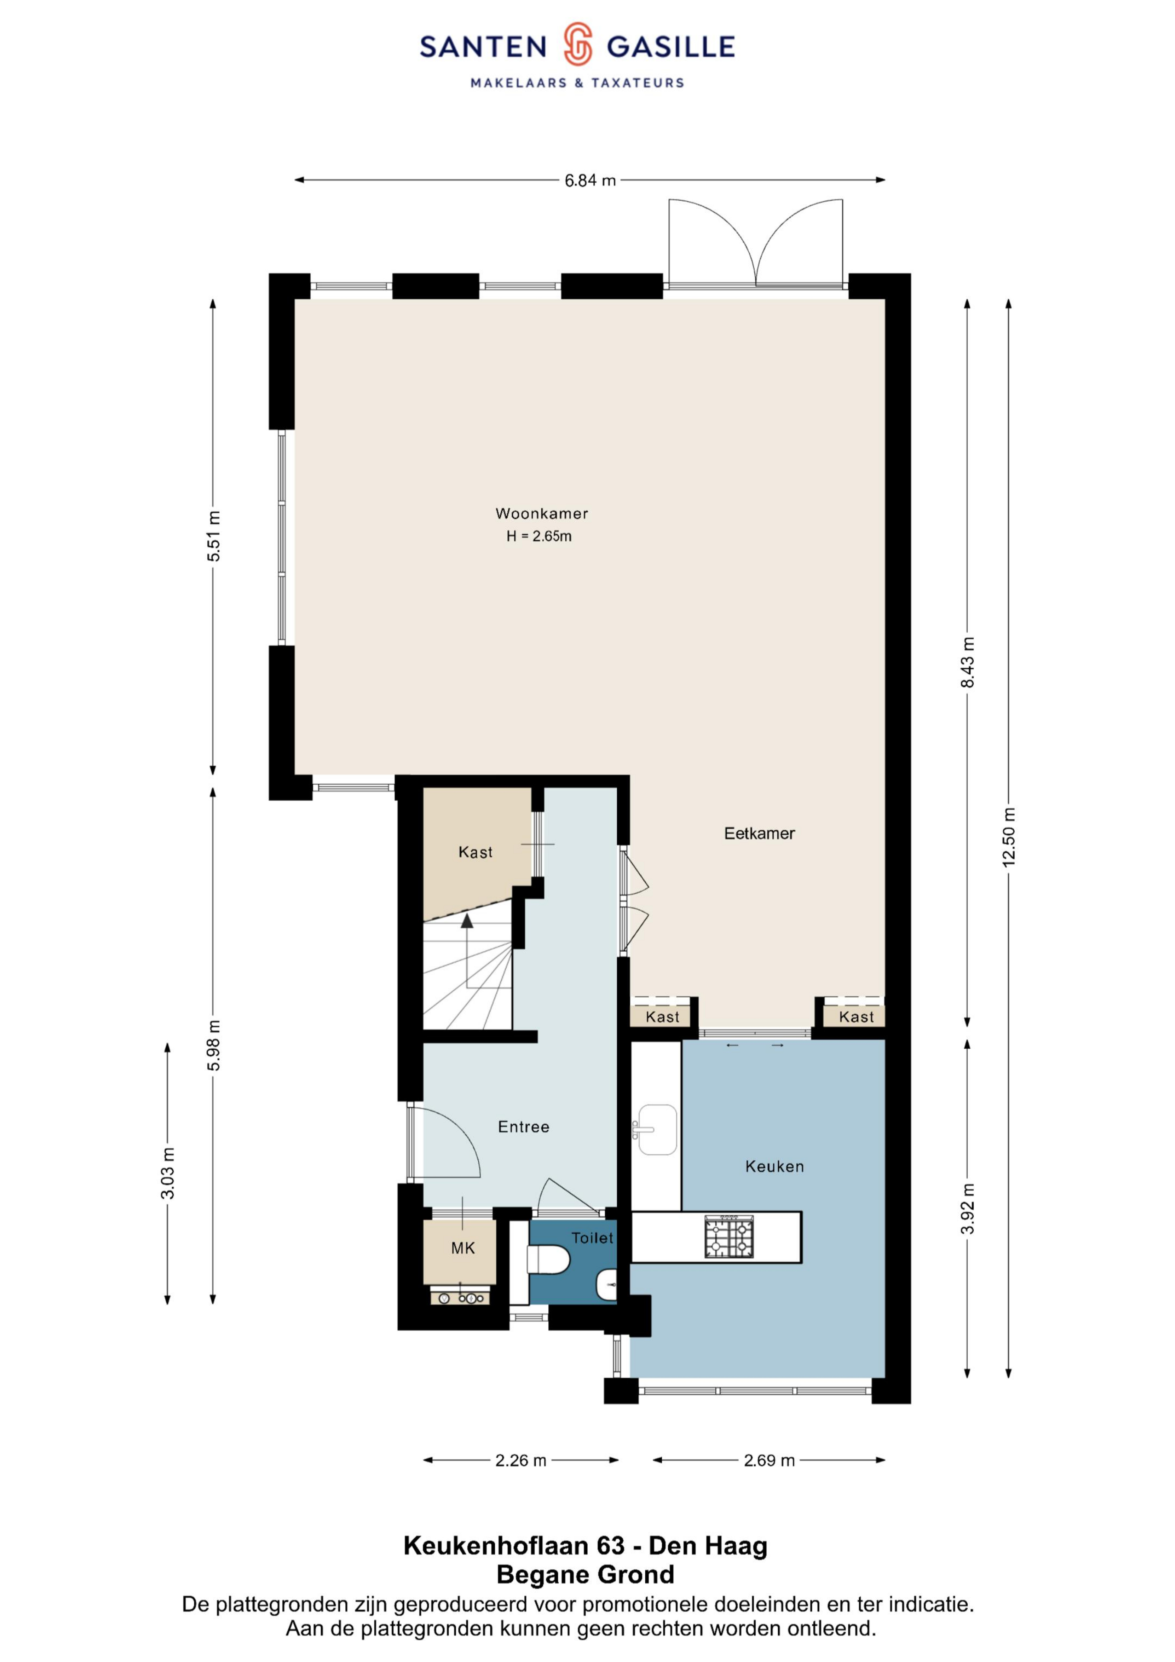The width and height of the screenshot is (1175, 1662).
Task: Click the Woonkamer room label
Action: tap(541, 513)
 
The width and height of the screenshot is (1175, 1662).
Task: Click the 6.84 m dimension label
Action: tap(590, 180)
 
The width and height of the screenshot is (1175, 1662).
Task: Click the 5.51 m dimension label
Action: tap(213, 536)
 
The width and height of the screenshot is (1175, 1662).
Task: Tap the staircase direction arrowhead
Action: tap(467, 920)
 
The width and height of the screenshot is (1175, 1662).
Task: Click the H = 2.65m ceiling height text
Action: tap(539, 536)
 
